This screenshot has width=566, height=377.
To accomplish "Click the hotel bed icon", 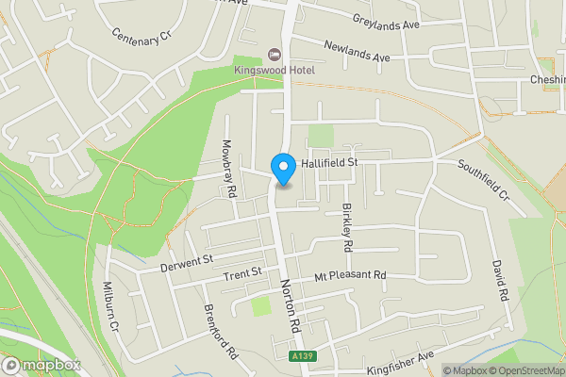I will click(x=275, y=52).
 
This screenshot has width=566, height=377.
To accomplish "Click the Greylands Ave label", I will click(x=386, y=21).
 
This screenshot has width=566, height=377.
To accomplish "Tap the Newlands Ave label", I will click(x=357, y=52).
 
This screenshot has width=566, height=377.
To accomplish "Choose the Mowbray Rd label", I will click(x=228, y=169).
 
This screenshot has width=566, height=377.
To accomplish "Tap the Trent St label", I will click(x=242, y=275).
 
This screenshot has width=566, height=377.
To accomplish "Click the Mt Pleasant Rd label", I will click(x=351, y=276).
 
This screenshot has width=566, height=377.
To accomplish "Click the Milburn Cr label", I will click(x=108, y=307).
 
